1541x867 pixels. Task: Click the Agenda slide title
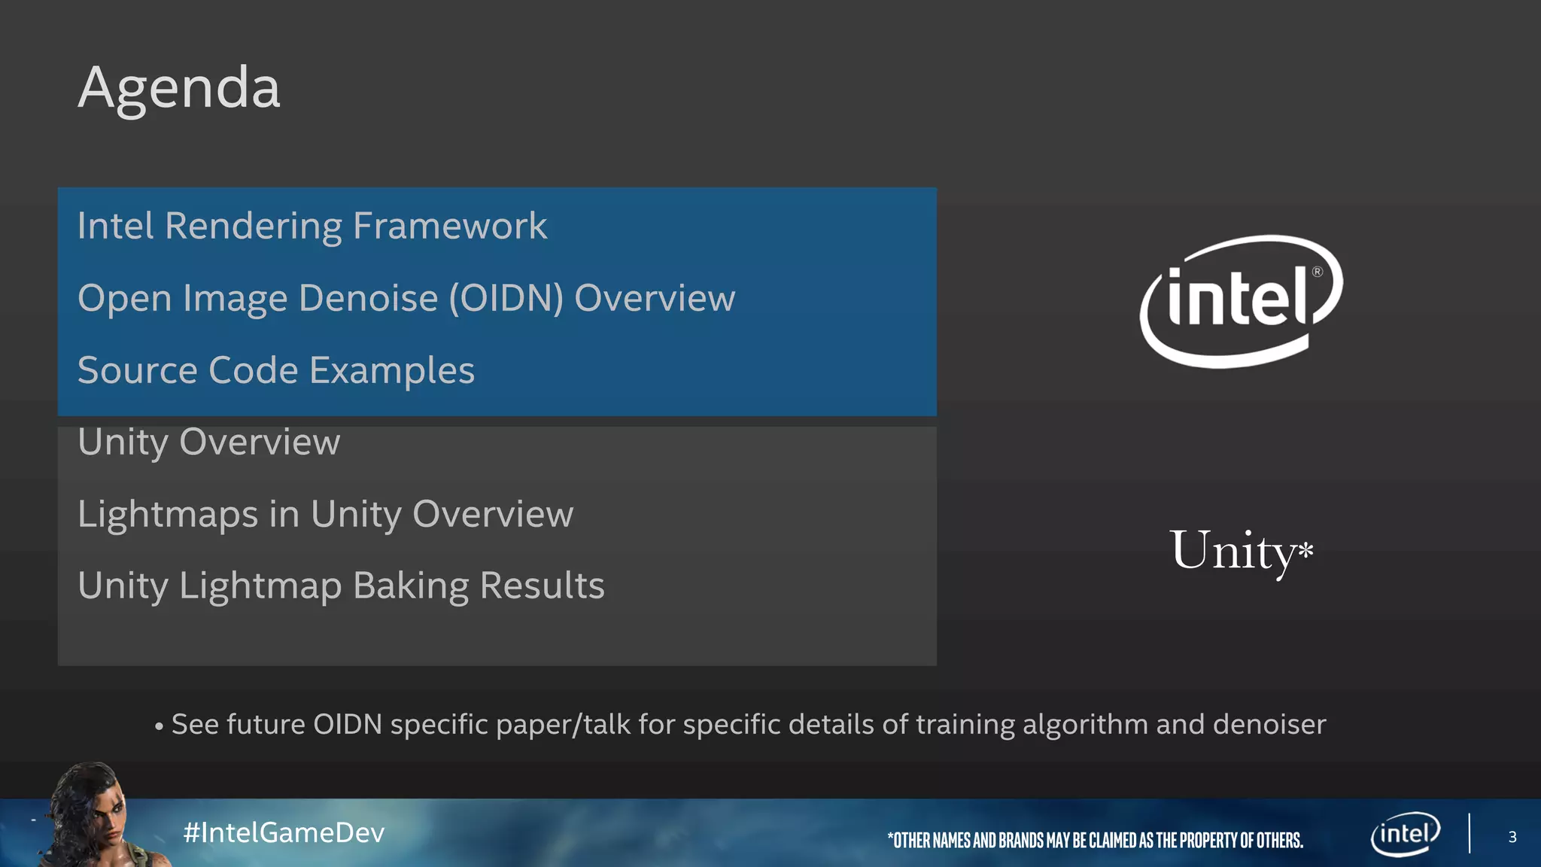[179, 88]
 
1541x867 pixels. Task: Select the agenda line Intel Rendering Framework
[312, 226]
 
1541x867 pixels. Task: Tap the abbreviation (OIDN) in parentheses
[506, 298]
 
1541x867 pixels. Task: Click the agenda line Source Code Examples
[276, 370]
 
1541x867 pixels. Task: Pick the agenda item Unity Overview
[209, 442]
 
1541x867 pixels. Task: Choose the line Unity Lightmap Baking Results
[341, 586]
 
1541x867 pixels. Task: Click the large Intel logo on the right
[1241, 301]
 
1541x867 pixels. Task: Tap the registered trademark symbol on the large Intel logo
[1317, 272]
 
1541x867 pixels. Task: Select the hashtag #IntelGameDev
[284, 832]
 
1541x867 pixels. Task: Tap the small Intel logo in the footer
[1405, 834]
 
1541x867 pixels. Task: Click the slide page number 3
[1512, 837]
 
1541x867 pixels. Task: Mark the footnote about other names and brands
[1095, 840]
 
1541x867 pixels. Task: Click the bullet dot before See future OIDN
[159, 727]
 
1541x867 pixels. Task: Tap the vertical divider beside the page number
[1469, 833]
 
